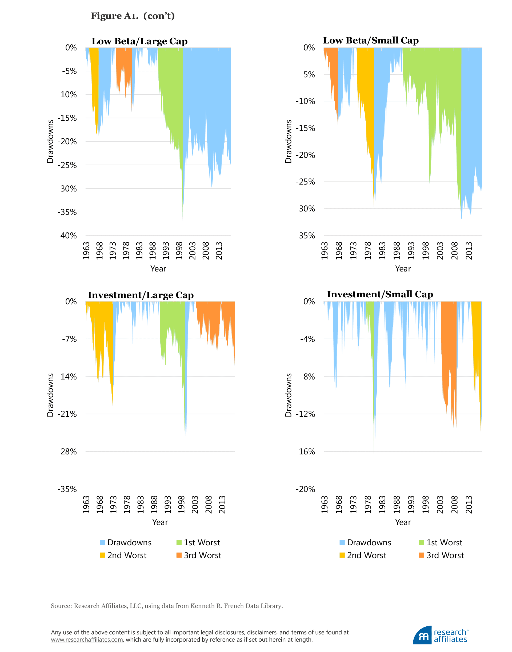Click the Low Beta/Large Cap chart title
[x=139, y=41]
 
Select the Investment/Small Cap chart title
[x=380, y=294]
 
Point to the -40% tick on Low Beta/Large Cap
[x=67, y=236]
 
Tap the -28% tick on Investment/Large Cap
[x=67, y=451]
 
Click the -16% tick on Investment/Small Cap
[x=305, y=451]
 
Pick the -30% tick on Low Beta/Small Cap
[x=305, y=209]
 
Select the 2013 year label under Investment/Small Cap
[x=469, y=505]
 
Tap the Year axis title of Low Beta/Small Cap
[x=403, y=269]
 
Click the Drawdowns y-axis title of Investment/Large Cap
[x=50, y=395]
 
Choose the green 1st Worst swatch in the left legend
[x=179, y=542]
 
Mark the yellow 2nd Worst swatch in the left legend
[x=102, y=555]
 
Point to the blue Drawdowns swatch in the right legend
[x=342, y=542]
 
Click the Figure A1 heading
[x=133, y=16]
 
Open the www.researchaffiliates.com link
[x=87, y=639]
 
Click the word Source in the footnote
[x=61, y=606]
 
